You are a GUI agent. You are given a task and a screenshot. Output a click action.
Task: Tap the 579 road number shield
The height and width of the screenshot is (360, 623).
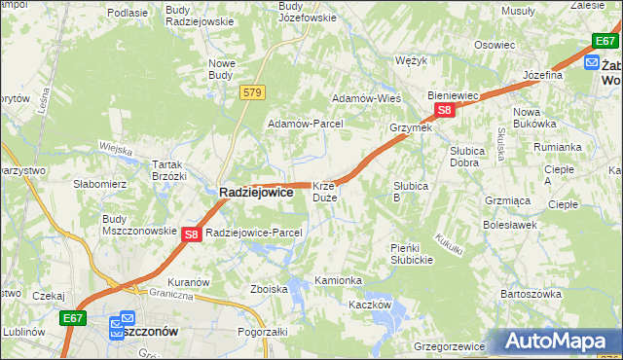click(253, 92)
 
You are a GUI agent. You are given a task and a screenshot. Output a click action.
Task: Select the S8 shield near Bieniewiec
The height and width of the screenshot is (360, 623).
click(444, 111)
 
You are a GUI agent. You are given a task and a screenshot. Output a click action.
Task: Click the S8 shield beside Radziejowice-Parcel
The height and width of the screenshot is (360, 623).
click(191, 234)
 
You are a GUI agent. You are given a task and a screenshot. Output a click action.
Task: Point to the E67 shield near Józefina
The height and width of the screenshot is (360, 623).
click(605, 41)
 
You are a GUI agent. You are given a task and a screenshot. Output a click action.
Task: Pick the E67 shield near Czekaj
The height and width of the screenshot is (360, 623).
click(71, 316)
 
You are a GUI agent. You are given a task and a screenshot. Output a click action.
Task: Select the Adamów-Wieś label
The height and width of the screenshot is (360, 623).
click(367, 99)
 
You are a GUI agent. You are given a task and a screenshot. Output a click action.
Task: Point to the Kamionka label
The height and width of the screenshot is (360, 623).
click(338, 280)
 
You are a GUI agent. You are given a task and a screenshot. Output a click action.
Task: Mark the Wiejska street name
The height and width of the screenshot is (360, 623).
click(115, 149)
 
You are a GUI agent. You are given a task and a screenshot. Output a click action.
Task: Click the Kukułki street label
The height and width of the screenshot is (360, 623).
click(449, 243)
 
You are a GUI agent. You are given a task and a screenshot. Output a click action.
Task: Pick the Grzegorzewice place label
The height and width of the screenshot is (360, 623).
click(450, 345)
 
